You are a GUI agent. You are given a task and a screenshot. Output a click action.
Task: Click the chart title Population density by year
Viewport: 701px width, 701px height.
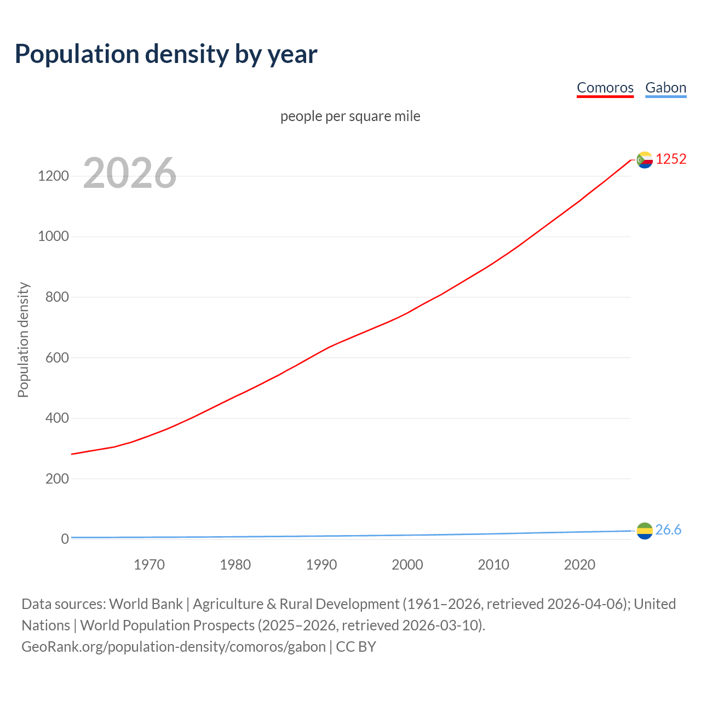(166, 54)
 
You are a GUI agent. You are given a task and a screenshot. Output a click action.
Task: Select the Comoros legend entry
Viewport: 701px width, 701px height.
(605, 88)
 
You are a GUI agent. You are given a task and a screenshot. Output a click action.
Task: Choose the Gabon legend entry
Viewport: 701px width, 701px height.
(665, 88)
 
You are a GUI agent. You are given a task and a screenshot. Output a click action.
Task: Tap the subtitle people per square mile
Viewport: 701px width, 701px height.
(350, 117)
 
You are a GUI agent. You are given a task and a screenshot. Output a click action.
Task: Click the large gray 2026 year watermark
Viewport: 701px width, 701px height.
(130, 173)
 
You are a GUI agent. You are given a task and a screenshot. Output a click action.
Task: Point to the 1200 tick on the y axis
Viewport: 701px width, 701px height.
(53, 176)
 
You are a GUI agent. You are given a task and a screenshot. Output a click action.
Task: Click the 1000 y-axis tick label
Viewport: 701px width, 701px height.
(53, 237)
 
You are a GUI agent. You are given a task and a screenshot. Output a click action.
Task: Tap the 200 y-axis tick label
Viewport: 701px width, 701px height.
(57, 479)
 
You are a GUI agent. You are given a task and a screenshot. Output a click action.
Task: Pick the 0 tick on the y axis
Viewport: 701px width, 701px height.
(65, 539)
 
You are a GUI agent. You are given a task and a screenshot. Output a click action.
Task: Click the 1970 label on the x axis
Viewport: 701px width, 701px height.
(149, 565)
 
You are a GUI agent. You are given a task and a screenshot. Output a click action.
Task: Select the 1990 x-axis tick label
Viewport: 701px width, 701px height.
(321, 565)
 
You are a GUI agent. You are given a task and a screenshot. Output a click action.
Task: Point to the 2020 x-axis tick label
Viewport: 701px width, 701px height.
(579, 565)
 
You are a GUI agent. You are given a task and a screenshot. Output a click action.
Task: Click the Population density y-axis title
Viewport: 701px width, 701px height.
(23, 340)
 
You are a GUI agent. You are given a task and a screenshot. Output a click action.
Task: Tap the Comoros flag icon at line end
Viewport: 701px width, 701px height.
(645, 159)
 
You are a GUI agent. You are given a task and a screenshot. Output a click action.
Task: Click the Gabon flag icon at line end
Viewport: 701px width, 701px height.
(645, 530)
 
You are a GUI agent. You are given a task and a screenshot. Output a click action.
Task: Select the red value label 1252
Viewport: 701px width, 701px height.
(671, 159)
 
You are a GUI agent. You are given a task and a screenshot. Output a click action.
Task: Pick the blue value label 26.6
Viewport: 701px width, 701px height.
(668, 530)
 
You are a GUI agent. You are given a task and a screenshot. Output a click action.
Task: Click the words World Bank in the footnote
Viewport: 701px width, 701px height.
(146, 604)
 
